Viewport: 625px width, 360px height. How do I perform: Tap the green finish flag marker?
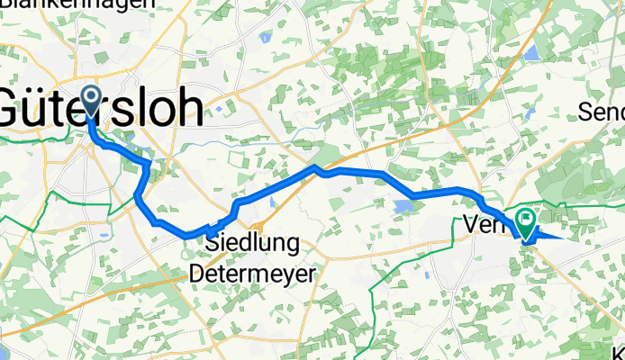point(526,220)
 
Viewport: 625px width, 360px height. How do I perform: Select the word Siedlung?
point(246,243)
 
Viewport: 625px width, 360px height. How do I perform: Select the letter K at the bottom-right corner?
point(618,352)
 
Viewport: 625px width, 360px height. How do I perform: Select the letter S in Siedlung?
point(214,243)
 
